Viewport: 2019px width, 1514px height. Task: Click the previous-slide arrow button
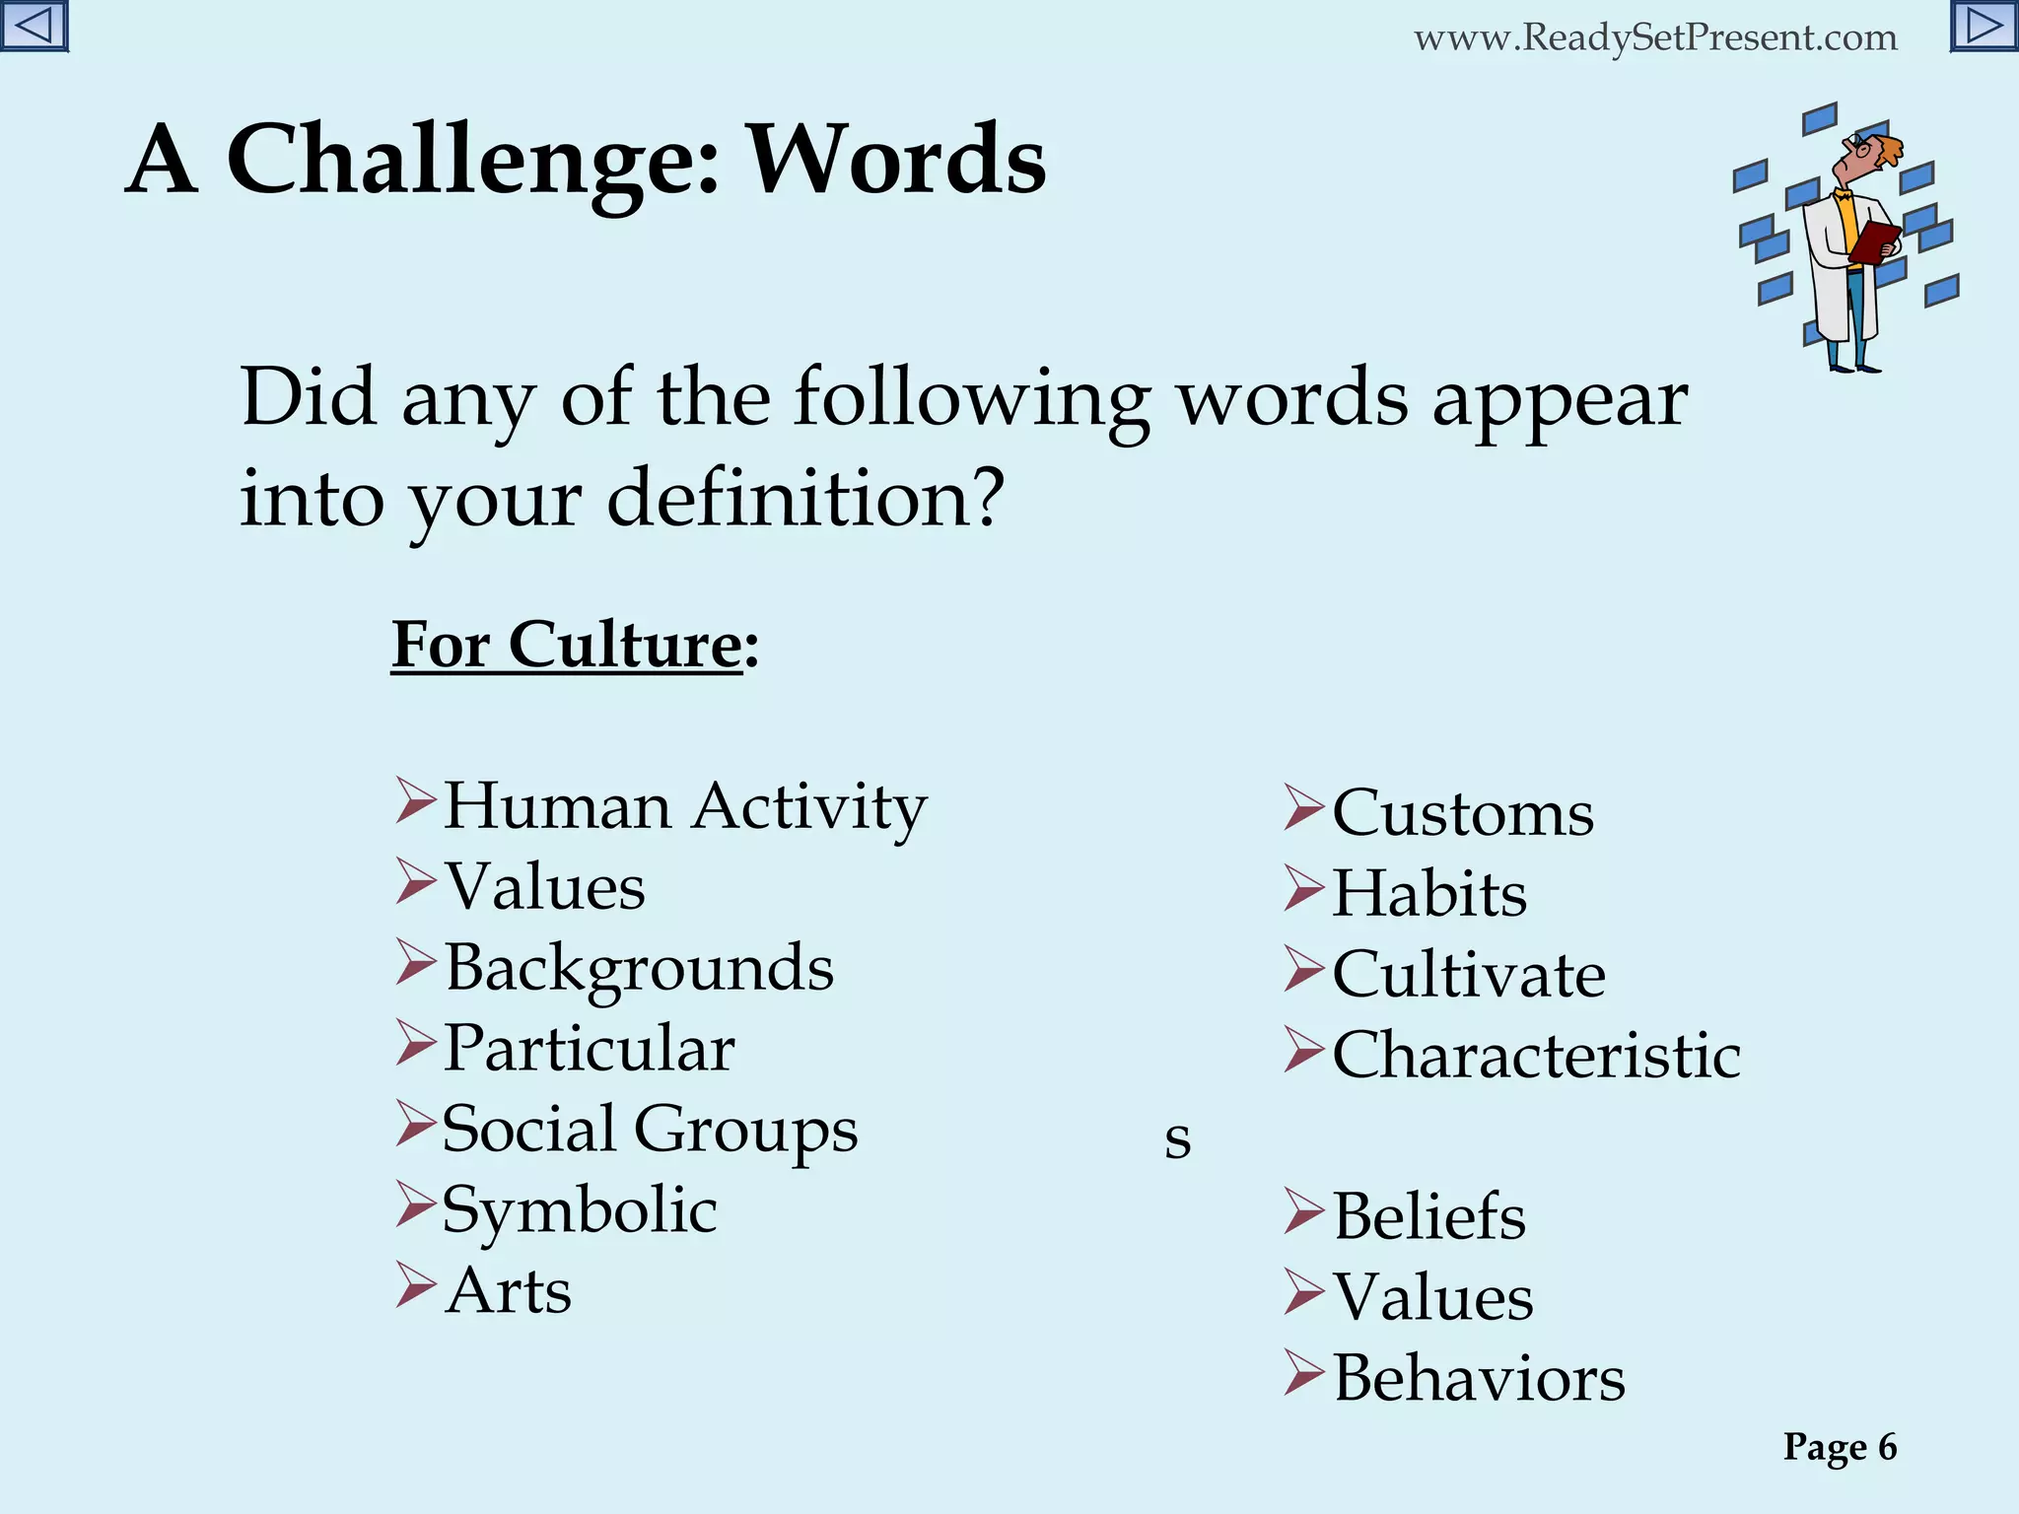[34, 26]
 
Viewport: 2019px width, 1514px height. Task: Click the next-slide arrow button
[1984, 26]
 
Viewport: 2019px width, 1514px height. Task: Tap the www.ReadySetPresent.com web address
[1655, 38]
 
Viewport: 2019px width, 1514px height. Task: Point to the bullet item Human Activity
[685, 807]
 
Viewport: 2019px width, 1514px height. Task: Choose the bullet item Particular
[590, 1048]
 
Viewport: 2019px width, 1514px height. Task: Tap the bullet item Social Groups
[650, 1130]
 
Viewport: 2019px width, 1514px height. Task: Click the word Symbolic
[580, 1210]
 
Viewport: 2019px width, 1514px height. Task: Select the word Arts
[509, 1291]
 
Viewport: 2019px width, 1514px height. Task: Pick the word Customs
[1463, 814]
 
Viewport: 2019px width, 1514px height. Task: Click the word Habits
[1429, 895]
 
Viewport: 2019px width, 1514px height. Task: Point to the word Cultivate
[1469, 976]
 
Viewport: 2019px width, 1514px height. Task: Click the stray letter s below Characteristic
[1177, 1138]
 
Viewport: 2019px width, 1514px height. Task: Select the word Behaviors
[1479, 1379]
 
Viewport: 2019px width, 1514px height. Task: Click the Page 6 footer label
[1840, 1447]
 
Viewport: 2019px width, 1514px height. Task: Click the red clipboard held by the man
[1873, 241]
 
